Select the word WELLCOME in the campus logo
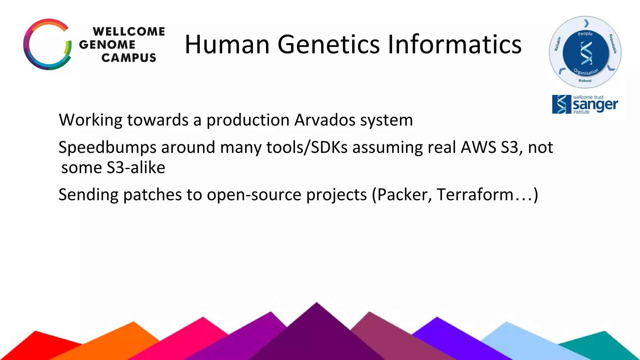[129, 32]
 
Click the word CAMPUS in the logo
[129, 58]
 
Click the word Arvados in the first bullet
[325, 120]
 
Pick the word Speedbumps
[107, 147]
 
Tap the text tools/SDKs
[307, 147]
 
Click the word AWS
[478, 147]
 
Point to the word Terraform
[475, 195]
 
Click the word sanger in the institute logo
[595, 105]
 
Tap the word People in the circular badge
[585, 34]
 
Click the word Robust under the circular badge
[585, 81]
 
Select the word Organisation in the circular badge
[586, 72]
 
